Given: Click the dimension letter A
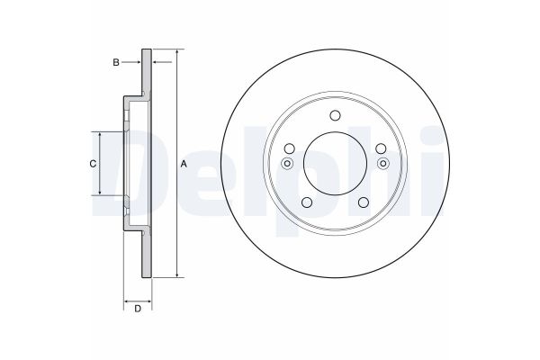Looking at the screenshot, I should click(184, 164).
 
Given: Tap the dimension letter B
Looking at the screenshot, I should click(116, 62).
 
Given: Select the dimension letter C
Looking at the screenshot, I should click(91, 164).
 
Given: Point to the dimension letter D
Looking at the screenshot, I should click(137, 310).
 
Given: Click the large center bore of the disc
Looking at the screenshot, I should click(335, 163).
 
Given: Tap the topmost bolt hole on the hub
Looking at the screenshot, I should click(335, 115).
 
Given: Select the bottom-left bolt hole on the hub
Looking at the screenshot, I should click(306, 202).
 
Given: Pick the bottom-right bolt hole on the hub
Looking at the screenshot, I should click(364, 202).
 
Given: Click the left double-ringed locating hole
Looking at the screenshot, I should click(288, 163).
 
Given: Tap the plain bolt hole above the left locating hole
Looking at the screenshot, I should click(290, 148).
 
